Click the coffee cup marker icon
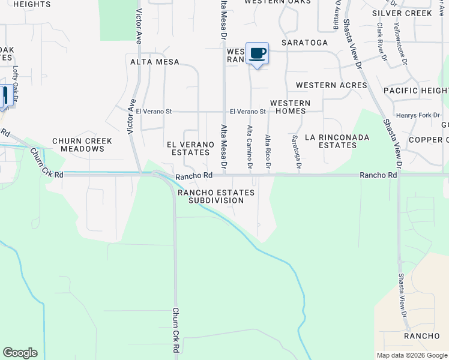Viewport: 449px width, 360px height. (258, 53)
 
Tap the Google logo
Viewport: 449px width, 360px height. (20, 353)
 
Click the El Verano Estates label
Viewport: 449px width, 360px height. (190, 148)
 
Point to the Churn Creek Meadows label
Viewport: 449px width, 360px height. (82, 145)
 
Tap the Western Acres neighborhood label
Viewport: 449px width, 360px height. (331, 85)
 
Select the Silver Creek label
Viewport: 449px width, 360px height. (402, 13)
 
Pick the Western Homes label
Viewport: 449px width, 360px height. (290, 107)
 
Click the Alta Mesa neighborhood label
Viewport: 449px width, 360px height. (155, 61)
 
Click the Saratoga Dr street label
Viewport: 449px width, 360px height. (295, 151)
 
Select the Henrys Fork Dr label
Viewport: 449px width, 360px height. (418, 115)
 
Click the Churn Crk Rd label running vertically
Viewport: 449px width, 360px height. (176, 330)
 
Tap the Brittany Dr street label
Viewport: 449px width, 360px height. (336, 15)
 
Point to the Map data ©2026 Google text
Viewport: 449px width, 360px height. (411, 355)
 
